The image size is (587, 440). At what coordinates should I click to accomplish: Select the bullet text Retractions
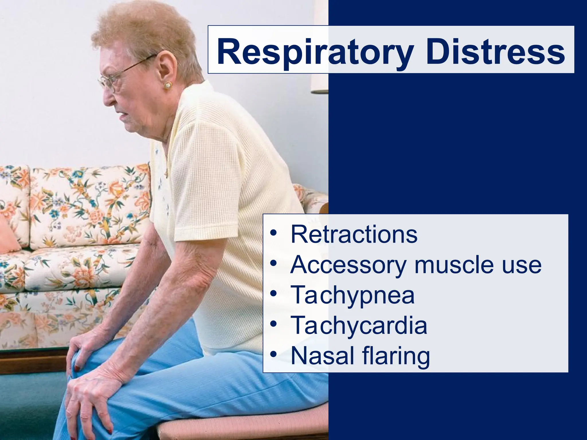(x=354, y=234)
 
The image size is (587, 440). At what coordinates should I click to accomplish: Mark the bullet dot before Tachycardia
(x=274, y=324)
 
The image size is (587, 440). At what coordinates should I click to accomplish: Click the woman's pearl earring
(x=167, y=85)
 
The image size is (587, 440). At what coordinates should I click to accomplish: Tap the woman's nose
(x=107, y=99)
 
